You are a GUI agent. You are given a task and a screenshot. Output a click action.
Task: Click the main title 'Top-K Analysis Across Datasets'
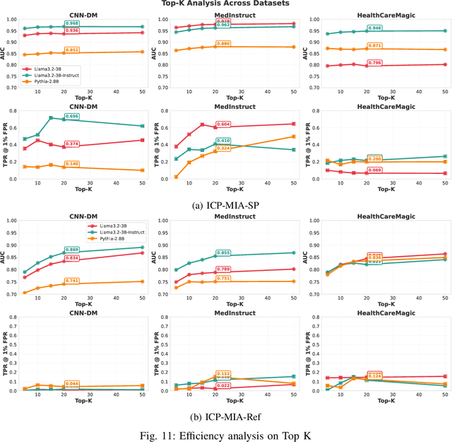[x=225, y=5]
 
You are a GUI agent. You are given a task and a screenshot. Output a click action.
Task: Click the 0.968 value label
[x=72, y=23]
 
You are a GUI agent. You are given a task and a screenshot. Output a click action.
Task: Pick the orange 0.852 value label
[x=72, y=50]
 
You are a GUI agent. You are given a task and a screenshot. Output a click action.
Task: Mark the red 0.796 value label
[x=375, y=63]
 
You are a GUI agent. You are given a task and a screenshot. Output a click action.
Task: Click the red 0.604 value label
[x=223, y=124]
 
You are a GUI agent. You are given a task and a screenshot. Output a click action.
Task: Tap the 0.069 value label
[x=375, y=171]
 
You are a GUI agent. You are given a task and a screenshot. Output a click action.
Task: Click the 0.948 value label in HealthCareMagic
[x=375, y=29]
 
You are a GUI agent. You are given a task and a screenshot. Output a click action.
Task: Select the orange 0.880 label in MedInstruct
[x=223, y=44]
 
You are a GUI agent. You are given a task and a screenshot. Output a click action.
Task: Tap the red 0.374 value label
[x=72, y=144]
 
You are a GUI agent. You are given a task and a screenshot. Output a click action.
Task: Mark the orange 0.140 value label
[x=72, y=164]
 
